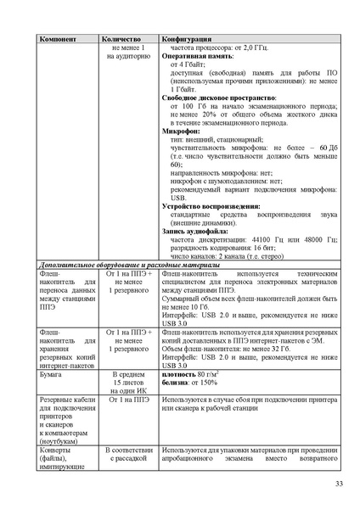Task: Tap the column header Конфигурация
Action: coord(190,40)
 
